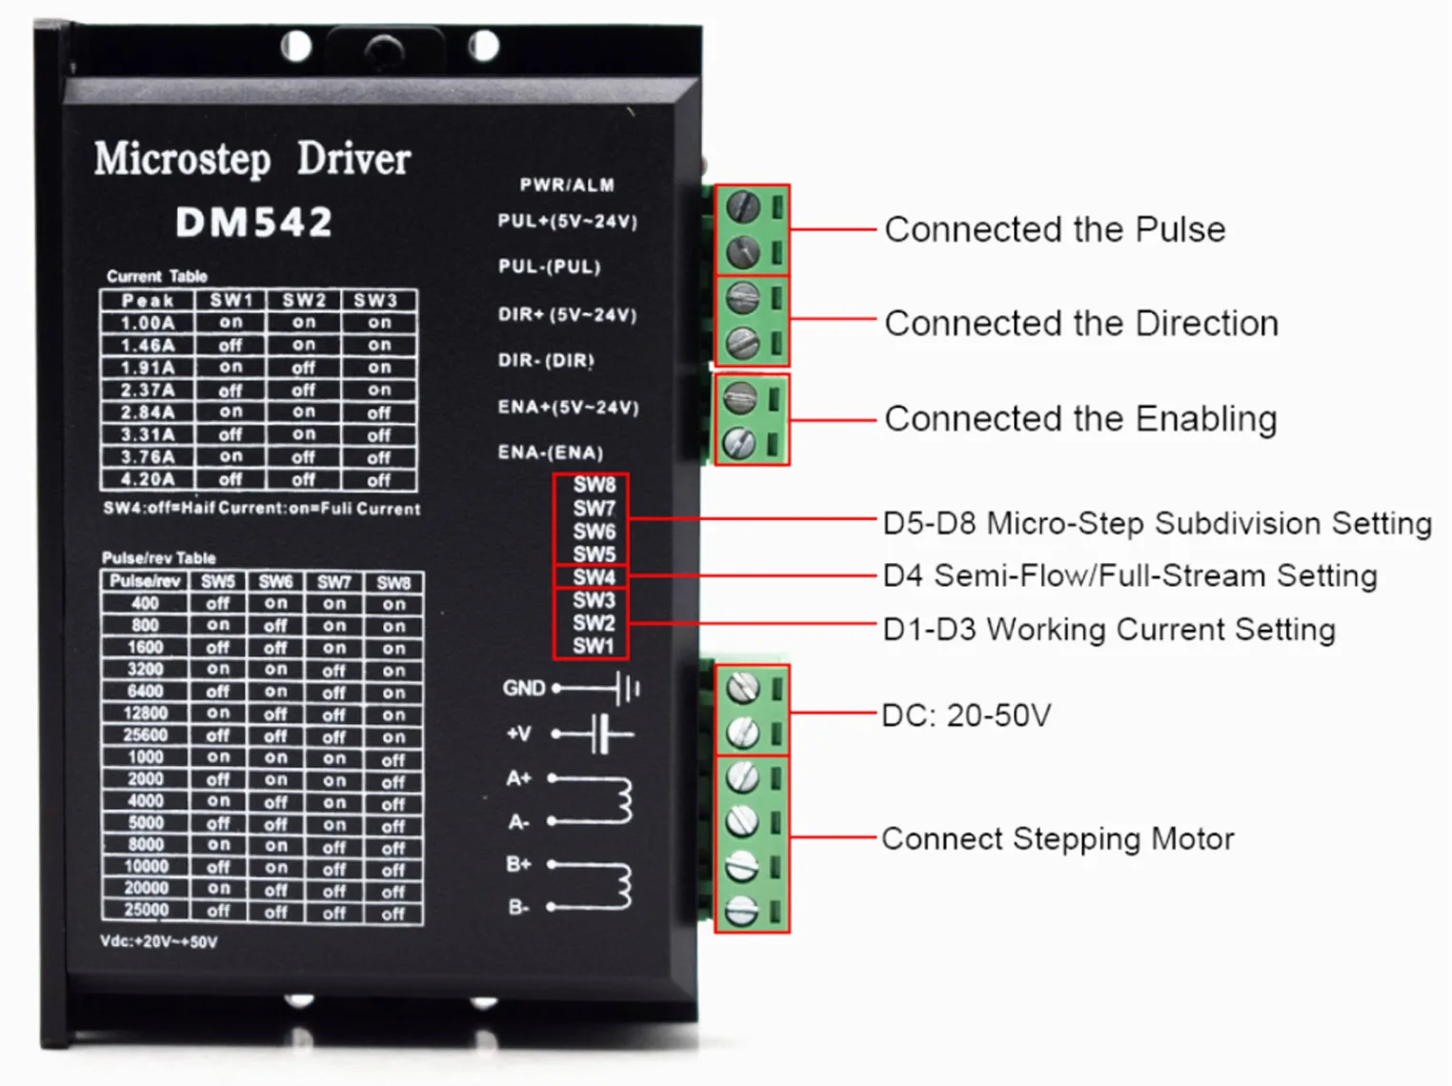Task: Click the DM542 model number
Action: click(x=254, y=222)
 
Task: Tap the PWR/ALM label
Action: click(x=567, y=185)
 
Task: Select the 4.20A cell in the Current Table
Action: click(x=148, y=479)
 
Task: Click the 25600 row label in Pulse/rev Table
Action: click(x=145, y=735)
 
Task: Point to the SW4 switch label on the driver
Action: click(x=594, y=577)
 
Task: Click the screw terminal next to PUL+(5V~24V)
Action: click(x=742, y=206)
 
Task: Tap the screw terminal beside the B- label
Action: click(x=742, y=910)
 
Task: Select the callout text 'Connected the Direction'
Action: click(x=1080, y=324)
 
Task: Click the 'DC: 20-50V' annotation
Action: click(x=966, y=715)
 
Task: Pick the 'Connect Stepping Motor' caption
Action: click(x=1058, y=839)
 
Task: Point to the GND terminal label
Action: click(x=524, y=688)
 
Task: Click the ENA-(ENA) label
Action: click(x=550, y=452)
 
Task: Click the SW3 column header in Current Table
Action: click(x=376, y=300)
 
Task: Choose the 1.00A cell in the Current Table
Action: click(x=148, y=323)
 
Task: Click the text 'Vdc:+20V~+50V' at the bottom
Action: click(x=158, y=942)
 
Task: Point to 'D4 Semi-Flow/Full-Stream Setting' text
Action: click(x=1130, y=576)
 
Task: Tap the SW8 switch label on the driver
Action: click(x=594, y=485)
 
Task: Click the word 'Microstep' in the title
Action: click(x=182, y=159)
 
